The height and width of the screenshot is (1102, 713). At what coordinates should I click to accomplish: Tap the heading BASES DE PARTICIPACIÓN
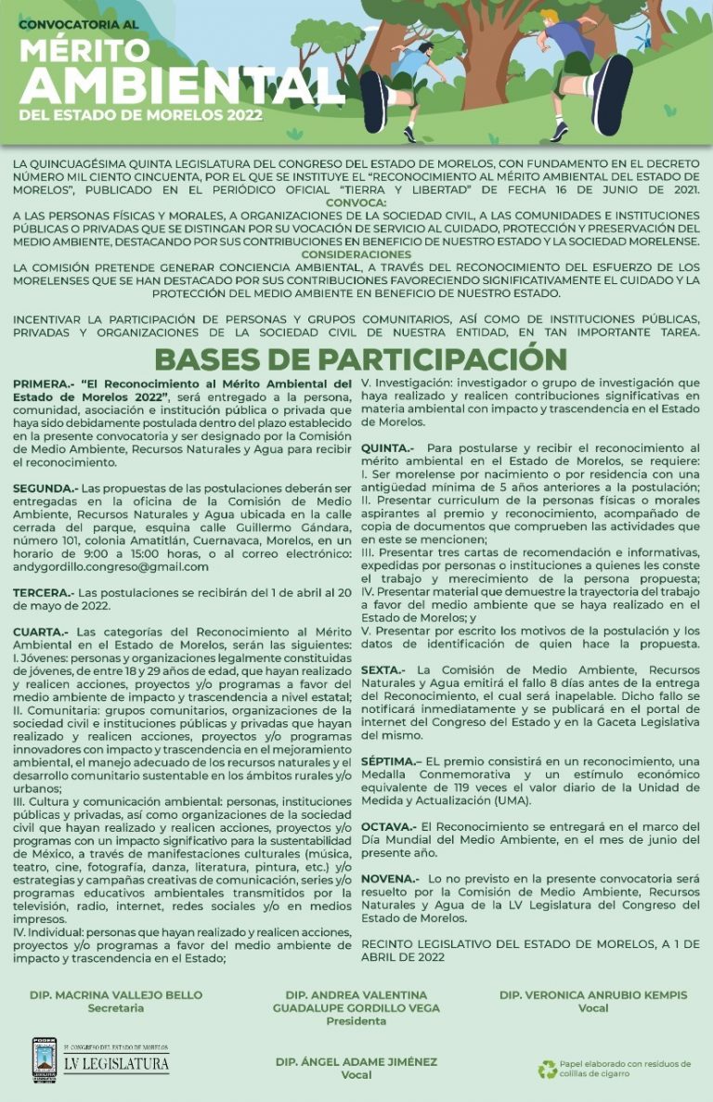tap(360, 358)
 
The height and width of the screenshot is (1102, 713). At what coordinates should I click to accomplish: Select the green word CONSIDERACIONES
tap(356, 253)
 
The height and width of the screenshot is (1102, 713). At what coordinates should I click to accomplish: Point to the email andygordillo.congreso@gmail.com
tap(110, 566)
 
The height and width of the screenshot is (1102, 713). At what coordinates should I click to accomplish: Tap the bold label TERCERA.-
tap(43, 591)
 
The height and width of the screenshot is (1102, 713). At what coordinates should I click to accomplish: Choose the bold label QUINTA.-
tap(387, 447)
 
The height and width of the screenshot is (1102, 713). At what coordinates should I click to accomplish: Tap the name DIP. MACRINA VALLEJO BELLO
tap(116, 995)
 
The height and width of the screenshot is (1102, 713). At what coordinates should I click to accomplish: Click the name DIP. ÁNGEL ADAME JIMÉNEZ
tap(356, 1062)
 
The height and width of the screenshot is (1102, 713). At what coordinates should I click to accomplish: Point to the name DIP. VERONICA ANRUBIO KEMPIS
tap(593, 995)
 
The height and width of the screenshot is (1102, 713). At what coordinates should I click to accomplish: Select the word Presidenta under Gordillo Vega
tap(356, 1021)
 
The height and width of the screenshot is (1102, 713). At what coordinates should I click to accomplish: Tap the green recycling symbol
tap(548, 1070)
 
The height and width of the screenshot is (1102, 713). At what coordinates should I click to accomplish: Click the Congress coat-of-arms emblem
tap(44, 1059)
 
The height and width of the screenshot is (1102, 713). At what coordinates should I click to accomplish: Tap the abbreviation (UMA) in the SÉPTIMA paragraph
tap(506, 800)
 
